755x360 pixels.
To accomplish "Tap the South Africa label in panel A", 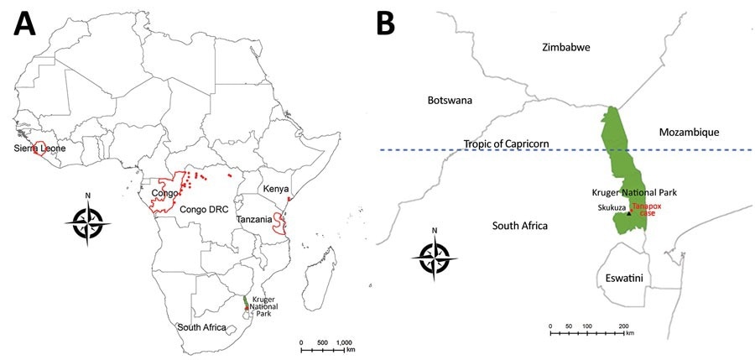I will coord(202,326).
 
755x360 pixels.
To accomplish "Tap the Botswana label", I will coord(450,100).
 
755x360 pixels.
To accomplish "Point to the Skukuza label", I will coord(610,206).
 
